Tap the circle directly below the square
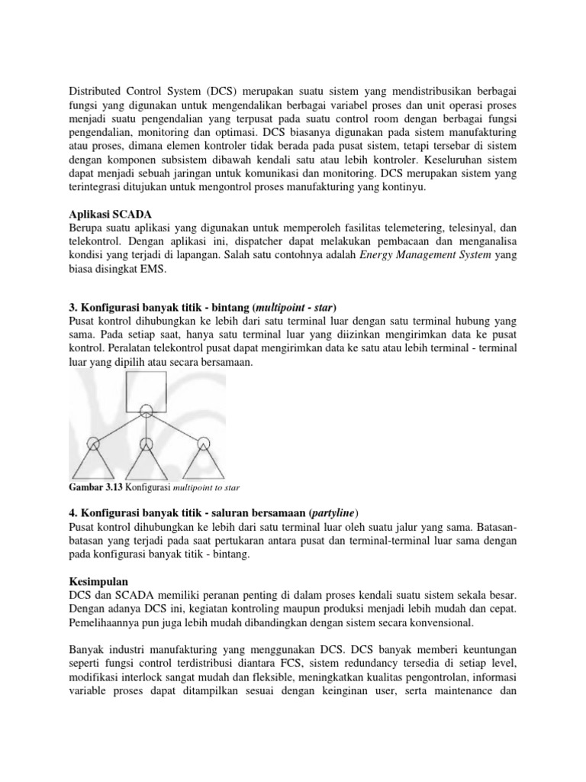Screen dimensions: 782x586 coord(146,413)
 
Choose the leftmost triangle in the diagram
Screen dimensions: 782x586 coord(92,460)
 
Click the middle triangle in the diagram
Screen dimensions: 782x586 coord(146,460)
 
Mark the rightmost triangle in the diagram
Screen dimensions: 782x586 coord(203,460)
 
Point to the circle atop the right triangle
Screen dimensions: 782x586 coord(203,442)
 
